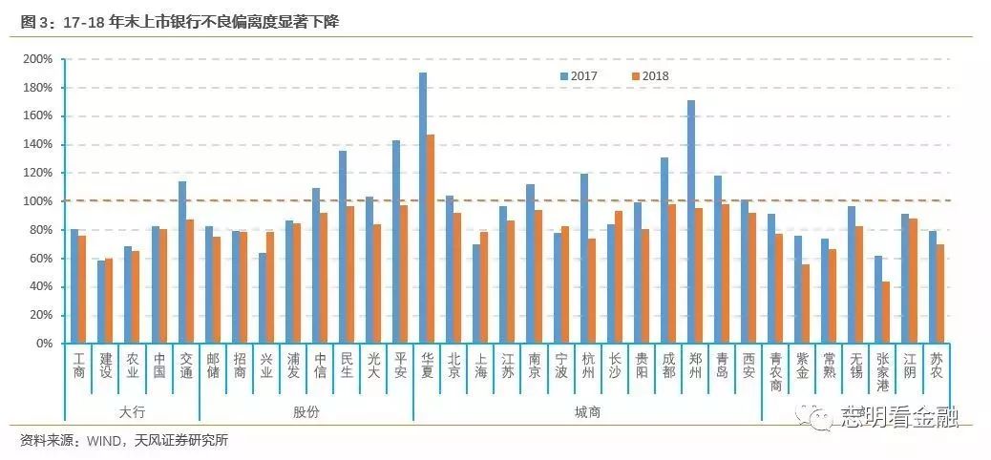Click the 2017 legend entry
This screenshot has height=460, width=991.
pyautogui.click(x=579, y=75)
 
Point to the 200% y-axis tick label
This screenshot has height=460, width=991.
pyautogui.click(x=38, y=59)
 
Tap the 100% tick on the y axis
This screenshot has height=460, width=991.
pyautogui.click(x=38, y=201)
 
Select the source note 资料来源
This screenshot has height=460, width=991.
pyautogui.click(x=124, y=440)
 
